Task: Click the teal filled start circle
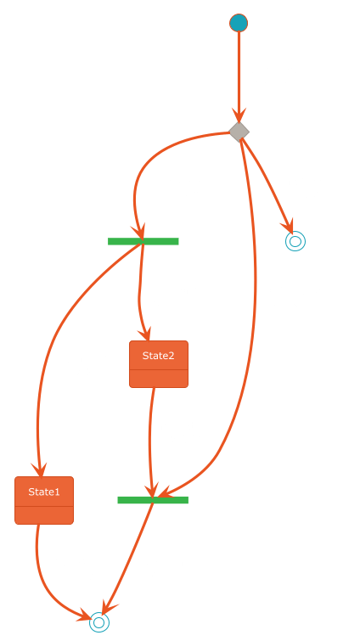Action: (x=239, y=22)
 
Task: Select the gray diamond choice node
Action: (x=239, y=132)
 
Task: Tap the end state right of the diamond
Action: (x=295, y=241)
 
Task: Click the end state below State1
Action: (x=99, y=622)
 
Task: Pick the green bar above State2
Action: (x=143, y=241)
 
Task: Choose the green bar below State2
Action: (x=153, y=500)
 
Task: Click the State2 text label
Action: (x=159, y=356)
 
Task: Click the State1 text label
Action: (x=44, y=492)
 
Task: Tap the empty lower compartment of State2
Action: (x=159, y=379)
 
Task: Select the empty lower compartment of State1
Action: (x=44, y=515)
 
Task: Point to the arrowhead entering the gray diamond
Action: (x=239, y=115)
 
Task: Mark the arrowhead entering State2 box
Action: (x=145, y=334)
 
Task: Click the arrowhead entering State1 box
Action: (x=39, y=470)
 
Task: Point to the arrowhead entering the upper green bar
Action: (x=138, y=232)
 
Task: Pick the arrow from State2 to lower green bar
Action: (x=150, y=441)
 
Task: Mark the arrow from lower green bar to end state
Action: (x=127, y=559)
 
